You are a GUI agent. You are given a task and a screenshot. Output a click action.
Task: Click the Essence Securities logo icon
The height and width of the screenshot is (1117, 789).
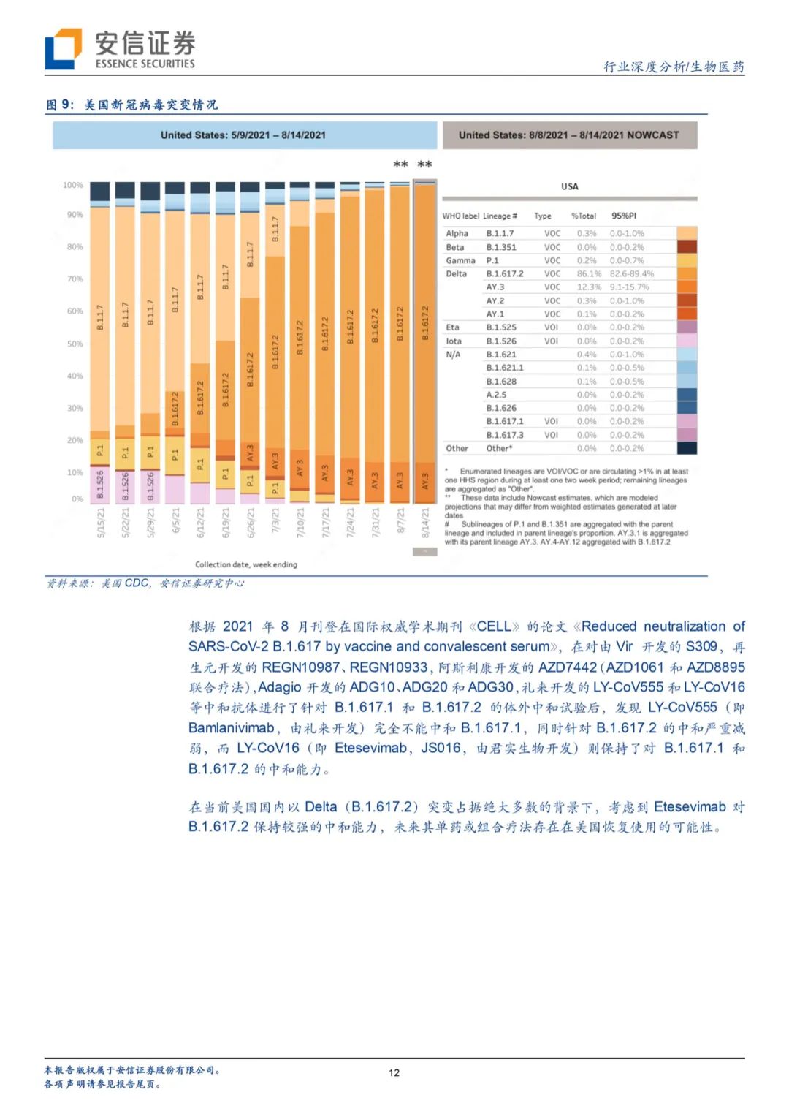[63, 49]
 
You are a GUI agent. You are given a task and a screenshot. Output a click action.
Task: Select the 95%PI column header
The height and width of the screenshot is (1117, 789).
[624, 216]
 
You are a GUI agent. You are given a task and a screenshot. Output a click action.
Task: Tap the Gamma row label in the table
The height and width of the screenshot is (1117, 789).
[460, 260]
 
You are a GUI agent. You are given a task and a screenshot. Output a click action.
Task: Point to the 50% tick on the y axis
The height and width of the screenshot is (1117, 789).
[75, 344]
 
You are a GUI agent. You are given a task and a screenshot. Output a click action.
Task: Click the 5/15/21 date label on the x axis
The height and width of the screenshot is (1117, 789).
[101, 523]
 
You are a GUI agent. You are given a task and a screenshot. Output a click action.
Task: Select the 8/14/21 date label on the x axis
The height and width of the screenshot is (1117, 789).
[425, 523]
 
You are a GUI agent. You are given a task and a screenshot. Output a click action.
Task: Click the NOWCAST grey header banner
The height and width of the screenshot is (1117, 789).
[569, 135]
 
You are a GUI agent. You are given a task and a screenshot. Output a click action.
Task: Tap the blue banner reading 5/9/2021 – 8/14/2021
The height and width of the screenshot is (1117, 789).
[244, 135]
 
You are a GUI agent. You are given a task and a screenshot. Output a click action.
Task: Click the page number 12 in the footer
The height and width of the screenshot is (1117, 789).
[394, 1072]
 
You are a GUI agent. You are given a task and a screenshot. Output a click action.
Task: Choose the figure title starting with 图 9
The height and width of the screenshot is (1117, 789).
[132, 105]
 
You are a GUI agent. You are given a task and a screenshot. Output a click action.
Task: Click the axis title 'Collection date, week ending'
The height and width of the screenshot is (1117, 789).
[246, 564]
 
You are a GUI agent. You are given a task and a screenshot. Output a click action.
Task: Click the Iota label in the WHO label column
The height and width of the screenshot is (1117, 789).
[454, 341]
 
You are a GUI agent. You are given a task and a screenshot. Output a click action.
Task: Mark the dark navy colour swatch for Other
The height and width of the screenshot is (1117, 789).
[687, 448]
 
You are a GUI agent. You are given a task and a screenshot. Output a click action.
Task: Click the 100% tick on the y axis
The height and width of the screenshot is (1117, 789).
[73, 186]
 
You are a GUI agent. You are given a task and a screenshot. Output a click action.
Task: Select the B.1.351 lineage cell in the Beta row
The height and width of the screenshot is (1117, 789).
[501, 247]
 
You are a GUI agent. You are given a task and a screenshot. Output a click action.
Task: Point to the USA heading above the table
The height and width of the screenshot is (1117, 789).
[570, 186]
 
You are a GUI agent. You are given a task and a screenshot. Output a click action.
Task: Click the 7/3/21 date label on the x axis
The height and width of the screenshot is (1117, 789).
[275, 523]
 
